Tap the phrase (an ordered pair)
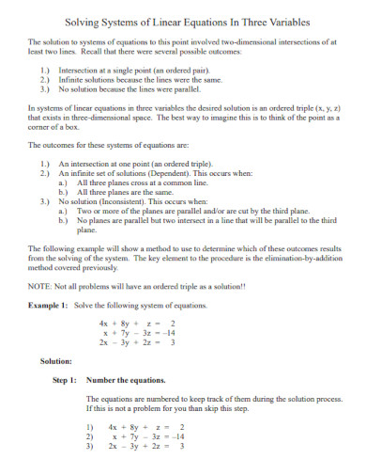point(191,71)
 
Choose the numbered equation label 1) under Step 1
point(90,427)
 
